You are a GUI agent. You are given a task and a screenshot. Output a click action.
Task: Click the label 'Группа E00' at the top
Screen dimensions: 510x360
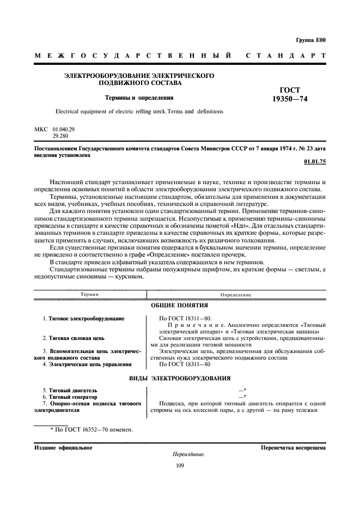pyautogui.click(x=310, y=40)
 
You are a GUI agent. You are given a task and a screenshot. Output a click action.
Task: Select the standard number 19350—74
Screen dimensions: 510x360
pyautogui.click(x=294, y=99)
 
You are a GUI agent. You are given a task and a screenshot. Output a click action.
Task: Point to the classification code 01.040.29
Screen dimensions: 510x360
pyautogui.click(x=63, y=129)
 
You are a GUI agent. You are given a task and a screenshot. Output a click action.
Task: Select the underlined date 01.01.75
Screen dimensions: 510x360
pyautogui.click(x=315, y=162)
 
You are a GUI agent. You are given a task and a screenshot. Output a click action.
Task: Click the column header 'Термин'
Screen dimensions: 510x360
pyautogui.click(x=89, y=294)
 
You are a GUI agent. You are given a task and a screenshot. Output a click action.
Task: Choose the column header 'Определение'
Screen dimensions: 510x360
pyautogui.click(x=236, y=294)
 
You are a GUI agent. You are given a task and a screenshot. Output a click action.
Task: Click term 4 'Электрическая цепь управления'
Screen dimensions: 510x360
pyautogui.click(x=87, y=365)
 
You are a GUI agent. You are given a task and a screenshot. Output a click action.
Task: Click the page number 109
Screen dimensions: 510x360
pyautogui.click(x=180, y=465)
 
